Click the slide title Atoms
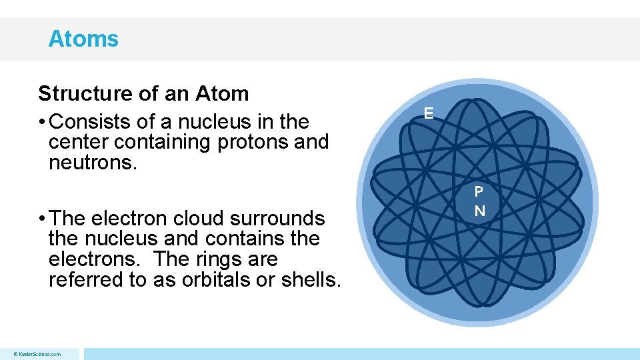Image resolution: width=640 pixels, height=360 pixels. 83,39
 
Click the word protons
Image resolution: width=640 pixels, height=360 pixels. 251,142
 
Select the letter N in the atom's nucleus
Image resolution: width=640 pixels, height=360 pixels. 479,211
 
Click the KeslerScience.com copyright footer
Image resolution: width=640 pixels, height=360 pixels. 37,354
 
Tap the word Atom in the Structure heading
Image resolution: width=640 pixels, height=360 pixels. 222,93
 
